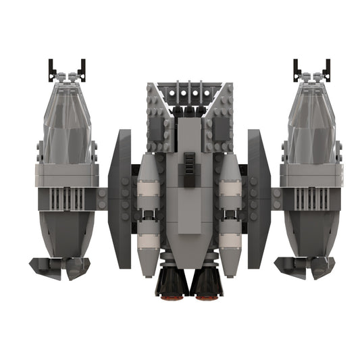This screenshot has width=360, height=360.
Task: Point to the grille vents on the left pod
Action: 66,199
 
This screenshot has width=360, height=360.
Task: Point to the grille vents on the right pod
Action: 311,199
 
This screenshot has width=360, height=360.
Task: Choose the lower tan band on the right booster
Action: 230,240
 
